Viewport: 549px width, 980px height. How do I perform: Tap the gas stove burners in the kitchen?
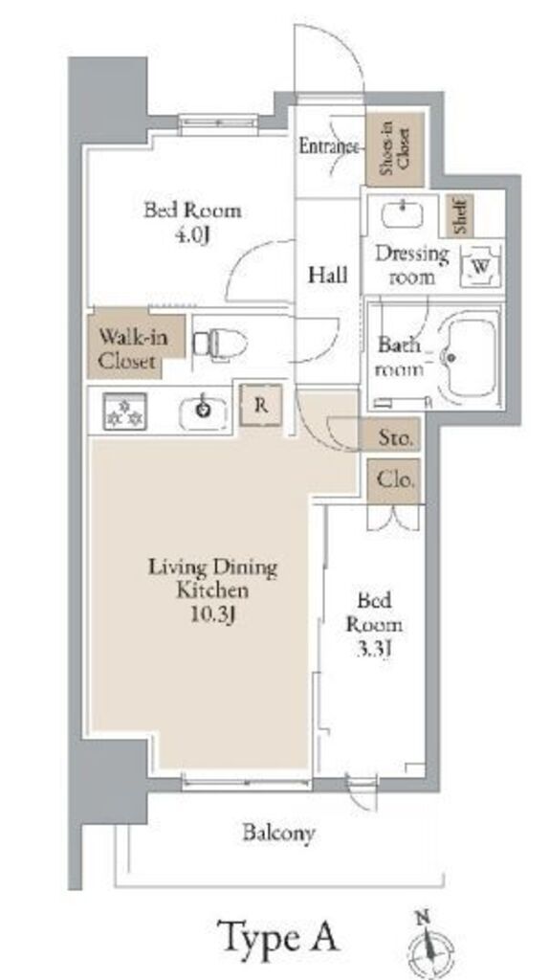tap(125, 411)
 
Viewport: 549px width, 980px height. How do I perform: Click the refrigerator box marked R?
tap(261, 405)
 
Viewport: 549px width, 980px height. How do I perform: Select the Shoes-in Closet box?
tap(395, 149)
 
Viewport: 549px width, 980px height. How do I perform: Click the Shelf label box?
tap(460, 215)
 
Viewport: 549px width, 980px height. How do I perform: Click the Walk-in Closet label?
tap(127, 349)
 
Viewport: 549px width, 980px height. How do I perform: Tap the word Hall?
tap(327, 275)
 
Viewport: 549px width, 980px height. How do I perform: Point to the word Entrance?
tap(329, 146)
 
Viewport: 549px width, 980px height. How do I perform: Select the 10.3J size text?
tap(212, 615)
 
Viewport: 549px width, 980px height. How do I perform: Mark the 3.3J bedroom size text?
tap(374, 650)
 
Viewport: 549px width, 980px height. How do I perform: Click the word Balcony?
tap(278, 833)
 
